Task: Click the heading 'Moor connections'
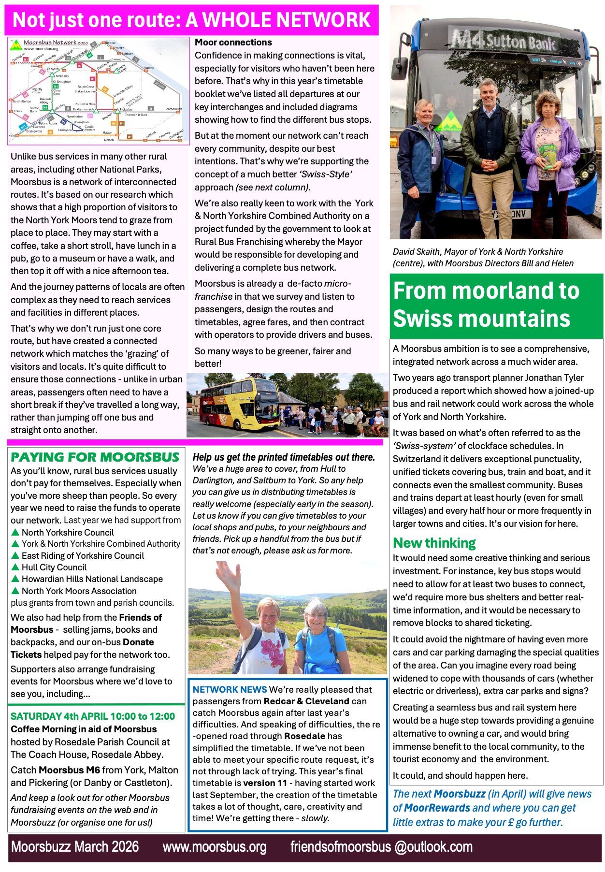tap(233, 43)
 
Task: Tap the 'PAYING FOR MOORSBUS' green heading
tap(95, 457)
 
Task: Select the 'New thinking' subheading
tap(434, 543)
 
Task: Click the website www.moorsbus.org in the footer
tap(214, 847)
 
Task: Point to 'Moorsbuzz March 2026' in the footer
tap(75, 847)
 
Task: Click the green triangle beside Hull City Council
tap(15, 567)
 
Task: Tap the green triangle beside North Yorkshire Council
tap(15, 532)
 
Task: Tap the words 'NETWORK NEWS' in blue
tap(230, 690)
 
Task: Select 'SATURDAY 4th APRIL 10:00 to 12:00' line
tap(93, 716)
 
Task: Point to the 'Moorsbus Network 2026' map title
tap(56, 43)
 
